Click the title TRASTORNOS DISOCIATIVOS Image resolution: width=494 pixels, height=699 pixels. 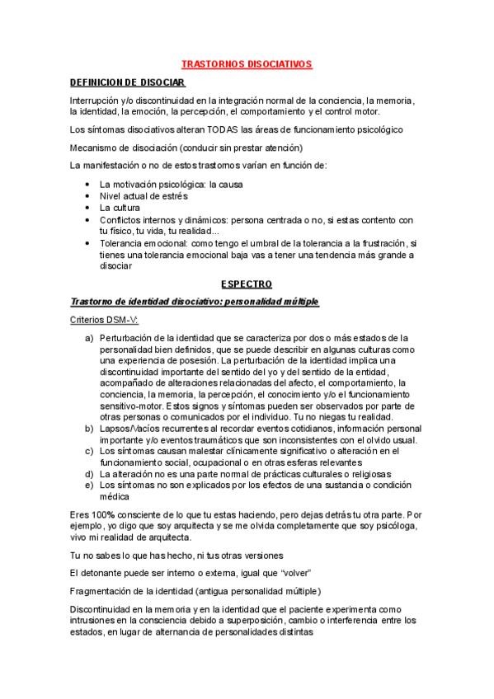[x=247, y=63]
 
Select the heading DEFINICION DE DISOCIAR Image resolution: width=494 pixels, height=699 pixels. [x=127, y=82]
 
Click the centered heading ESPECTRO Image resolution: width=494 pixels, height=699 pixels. [x=247, y=284]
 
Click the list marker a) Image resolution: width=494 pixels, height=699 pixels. [x=89, y=339]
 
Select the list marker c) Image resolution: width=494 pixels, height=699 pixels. [x=89, y=451]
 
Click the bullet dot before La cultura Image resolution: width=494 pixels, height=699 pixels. [x=88, y=209]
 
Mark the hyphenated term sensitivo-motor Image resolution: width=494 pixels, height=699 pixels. [x=129, y=395]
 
